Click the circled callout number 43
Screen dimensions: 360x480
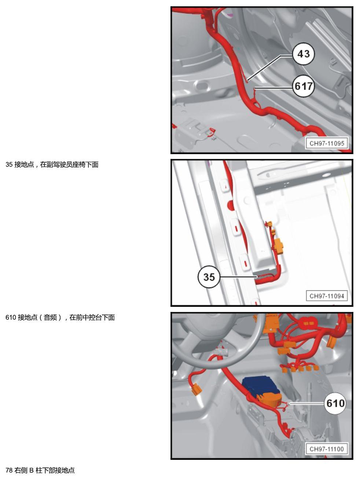coord(304,54)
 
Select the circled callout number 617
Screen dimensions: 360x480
coord(304,86)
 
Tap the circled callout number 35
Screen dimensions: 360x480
coord(209,277)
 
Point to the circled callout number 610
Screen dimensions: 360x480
coord(335,403)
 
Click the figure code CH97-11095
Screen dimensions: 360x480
coord(327,143)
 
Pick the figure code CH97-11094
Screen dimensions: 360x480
coord(327,296)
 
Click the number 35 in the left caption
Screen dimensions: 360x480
coord(9,164)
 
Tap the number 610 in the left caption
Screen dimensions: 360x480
coord(11,317)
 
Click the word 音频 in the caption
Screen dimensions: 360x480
coord(50,317)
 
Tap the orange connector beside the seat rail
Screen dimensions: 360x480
coord(279,246)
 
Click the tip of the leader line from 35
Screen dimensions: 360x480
coord(257,277)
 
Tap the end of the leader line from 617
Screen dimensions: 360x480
coord(255,88)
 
